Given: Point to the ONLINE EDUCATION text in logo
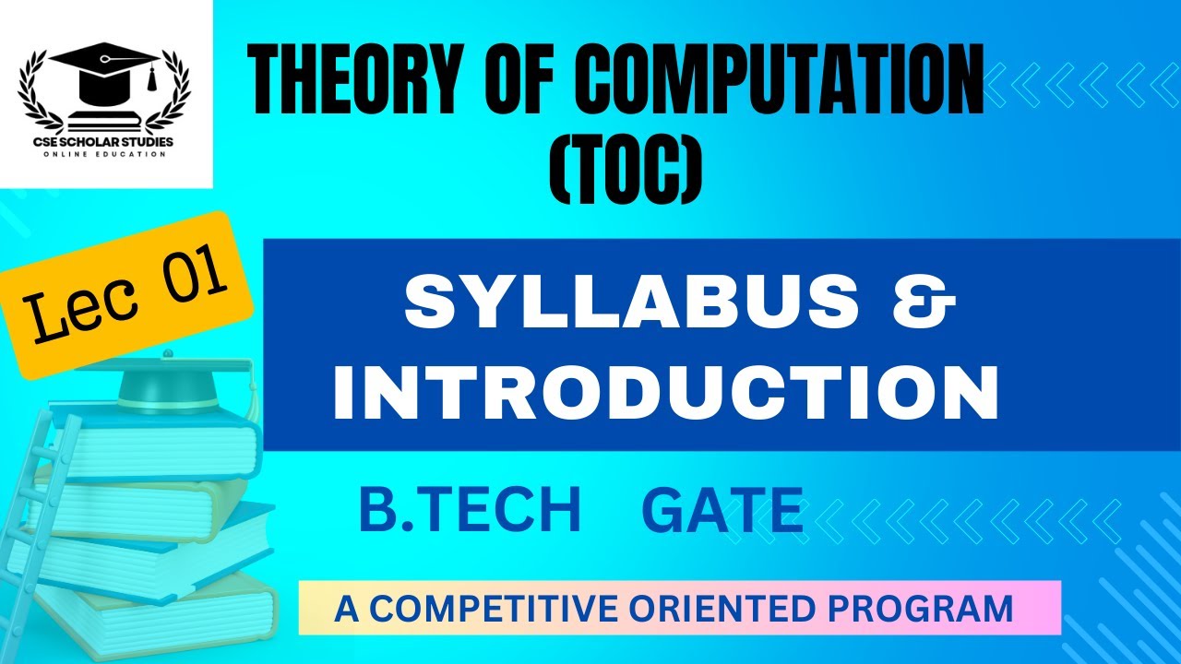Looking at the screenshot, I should (105, 154).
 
